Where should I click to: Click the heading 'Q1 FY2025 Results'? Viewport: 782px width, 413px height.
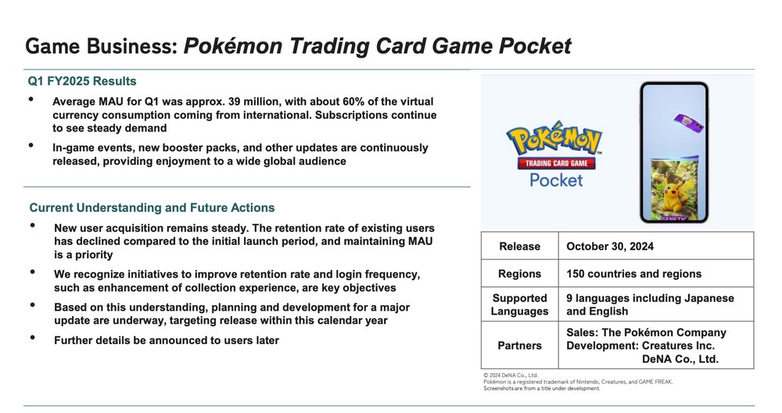click(82, 81)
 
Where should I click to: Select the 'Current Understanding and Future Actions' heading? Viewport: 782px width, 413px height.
click(152, 207)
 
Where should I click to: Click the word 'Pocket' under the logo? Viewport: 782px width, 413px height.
click(556, 180)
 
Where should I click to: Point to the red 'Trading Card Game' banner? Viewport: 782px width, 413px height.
click(556, 163)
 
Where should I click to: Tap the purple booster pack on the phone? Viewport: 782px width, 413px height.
click(689, 123)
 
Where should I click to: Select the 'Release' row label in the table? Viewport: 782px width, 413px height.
click(520, 246)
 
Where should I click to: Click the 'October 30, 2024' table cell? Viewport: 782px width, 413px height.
click(610, 246)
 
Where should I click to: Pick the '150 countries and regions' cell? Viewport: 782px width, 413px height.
click(634, 274)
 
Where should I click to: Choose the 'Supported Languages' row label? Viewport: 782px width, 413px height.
click(520, 305)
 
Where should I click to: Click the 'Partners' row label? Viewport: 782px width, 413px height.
click(520, 346)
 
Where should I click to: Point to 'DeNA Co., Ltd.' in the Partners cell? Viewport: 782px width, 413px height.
click(680, 359)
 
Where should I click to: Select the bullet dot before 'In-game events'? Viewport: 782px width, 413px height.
click(31, 145)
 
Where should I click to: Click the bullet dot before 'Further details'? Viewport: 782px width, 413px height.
click(33, 338)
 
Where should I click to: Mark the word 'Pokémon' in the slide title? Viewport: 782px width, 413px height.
click(233, 46)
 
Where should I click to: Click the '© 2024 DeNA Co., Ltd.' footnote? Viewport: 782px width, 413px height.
click(511, 375)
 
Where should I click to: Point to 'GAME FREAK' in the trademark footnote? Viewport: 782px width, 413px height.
click(656, 382)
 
